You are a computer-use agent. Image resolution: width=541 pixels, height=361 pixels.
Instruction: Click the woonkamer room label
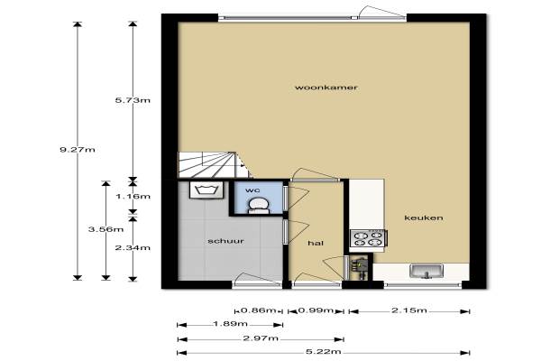point(326,88)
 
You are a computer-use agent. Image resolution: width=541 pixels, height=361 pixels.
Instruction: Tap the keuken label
point(424,218)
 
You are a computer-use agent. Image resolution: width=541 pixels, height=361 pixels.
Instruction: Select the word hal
point(316,243)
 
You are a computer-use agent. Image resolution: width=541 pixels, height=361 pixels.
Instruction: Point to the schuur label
point(226,241)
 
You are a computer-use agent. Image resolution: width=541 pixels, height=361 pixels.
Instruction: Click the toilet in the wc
point(259,205)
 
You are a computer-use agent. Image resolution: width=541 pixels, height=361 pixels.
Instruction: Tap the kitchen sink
point(426,271)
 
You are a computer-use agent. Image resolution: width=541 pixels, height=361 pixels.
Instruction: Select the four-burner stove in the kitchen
point(368,238)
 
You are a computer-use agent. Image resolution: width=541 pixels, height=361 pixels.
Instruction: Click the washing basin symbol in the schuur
point(206,190)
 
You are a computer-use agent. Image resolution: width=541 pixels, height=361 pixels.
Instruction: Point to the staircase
point(212,165)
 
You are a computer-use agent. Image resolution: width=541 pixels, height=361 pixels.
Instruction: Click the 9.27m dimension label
point(78,150)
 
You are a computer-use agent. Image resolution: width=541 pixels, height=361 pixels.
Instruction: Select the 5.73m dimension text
point(133,100)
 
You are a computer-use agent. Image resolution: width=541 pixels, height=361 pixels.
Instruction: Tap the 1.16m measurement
point(133,197)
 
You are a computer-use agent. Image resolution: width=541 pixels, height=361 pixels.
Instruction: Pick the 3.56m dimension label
point(105,229)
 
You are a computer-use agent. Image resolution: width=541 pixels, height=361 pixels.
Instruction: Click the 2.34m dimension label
point(133,247)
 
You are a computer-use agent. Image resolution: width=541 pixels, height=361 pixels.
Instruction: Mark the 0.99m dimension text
point(316,310)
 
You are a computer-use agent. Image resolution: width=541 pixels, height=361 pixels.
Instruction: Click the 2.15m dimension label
point(409,310)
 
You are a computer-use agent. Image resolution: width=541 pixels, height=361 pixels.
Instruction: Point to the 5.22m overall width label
point(324,352)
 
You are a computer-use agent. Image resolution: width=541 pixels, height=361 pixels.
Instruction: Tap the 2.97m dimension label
point(261,338)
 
